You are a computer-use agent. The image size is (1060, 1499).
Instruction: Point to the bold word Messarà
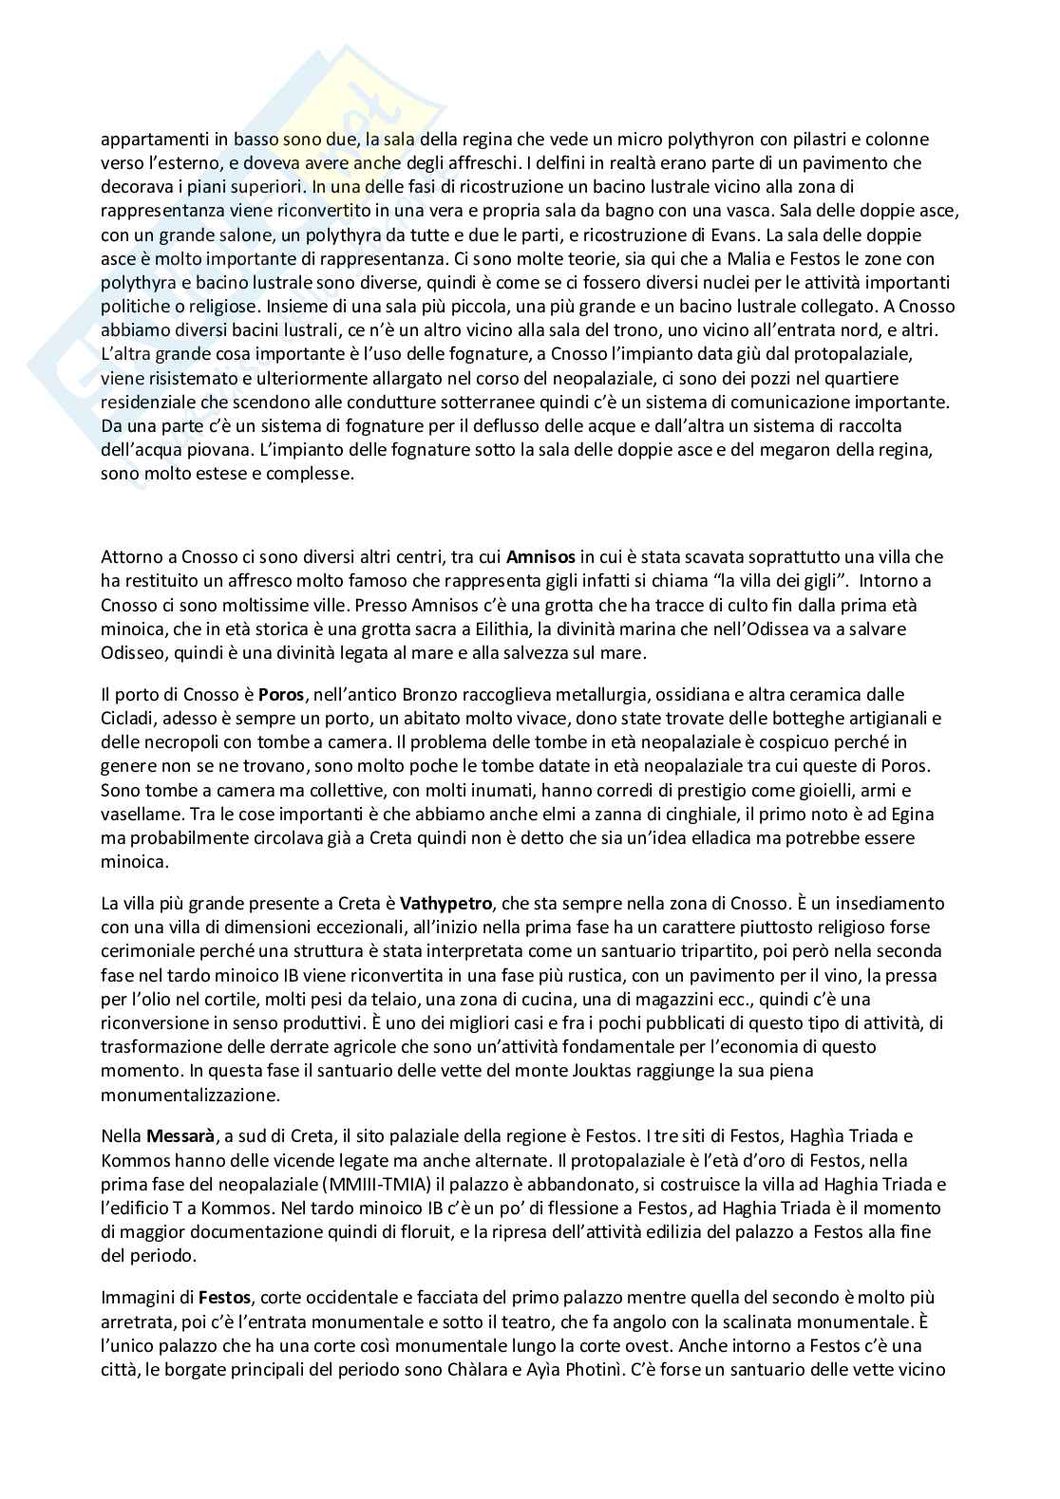click(x=177, y=1135)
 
